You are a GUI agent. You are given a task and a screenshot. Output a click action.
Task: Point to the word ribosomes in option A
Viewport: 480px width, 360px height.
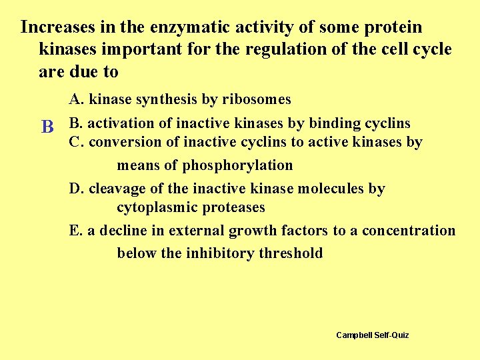point(256,100)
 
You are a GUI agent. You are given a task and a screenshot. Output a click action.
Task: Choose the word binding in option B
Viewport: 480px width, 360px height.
point(335,123)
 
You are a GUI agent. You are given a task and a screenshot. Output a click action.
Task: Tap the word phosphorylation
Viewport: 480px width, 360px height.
point(237,165)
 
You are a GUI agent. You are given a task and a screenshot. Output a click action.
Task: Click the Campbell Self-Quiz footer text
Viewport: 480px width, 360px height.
point(373,335)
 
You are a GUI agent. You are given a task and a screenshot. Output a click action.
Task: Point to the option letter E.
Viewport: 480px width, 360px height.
point(75,231)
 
